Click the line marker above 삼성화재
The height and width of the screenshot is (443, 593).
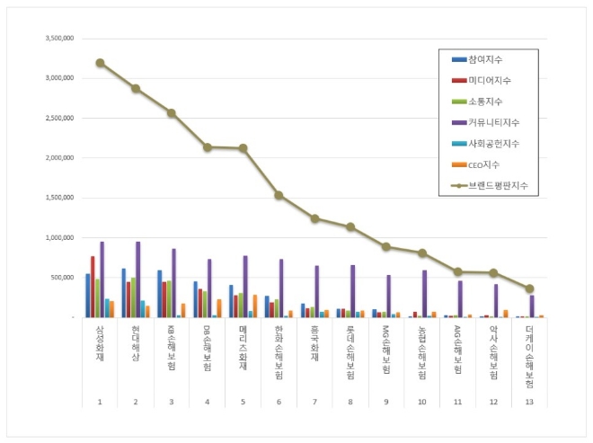point(100,63)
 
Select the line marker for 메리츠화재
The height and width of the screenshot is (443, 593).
point(243,148)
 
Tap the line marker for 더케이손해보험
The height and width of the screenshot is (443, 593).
point(529,288)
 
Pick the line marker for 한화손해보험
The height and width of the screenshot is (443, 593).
point(279,195)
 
